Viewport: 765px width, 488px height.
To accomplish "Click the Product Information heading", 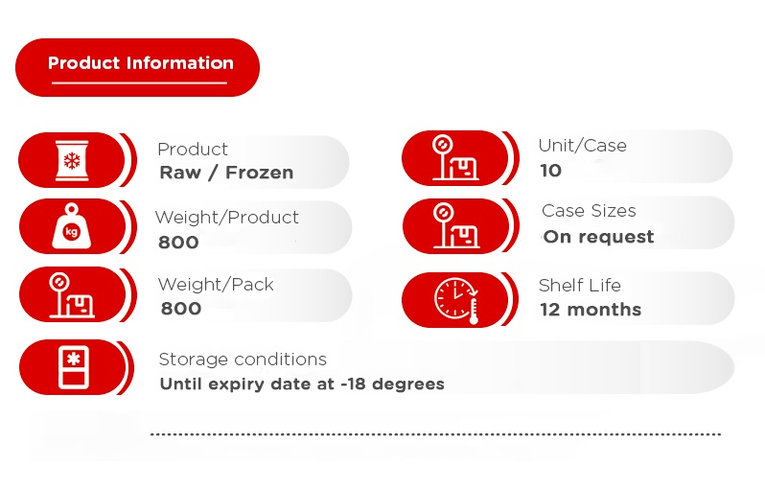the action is click(x=141, y=63).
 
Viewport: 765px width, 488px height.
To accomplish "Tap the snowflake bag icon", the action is click(x=72, y=160).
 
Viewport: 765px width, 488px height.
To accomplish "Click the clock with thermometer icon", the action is click(x=456, y=301).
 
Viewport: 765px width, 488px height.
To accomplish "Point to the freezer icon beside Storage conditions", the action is click(x=74, y=367).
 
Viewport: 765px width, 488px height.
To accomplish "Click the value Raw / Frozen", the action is click(x=226, y=173).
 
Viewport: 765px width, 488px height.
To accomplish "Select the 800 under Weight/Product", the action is click(x=178, y=242).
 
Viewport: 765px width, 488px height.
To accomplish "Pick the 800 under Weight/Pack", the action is click(x=181, y=309).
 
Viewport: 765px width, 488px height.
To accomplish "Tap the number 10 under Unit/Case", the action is click(x=551, y=171).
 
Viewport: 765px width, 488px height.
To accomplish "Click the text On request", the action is click(x=598, y=237).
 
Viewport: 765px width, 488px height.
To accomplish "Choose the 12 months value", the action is click(x=591, y=310).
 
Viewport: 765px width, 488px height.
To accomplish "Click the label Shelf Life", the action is click(x=580, y=285).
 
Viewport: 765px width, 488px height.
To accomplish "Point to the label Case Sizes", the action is click(x=589, y=211).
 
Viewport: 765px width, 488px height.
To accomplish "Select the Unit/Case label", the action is click(x=583, y=146).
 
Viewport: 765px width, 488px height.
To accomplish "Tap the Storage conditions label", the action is click(x=243, y=360).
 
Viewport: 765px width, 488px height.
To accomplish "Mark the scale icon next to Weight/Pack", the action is click(x=72, y=295).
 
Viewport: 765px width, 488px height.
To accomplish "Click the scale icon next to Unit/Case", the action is click(x=455, y=158).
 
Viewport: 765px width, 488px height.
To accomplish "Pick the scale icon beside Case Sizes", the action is click(x=456, y=225).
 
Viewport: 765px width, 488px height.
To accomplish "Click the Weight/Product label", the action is click(x=227, y=218).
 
